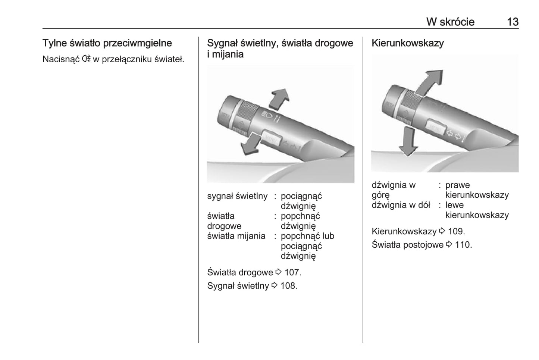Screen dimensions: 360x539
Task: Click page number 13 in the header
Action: click(513, 22)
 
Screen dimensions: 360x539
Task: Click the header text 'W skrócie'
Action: click(450, 22)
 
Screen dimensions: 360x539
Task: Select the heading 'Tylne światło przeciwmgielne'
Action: click(107, 43)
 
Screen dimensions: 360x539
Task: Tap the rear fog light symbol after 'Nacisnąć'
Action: click(86, 59)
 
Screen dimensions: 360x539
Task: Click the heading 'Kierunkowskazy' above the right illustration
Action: click(407, 43)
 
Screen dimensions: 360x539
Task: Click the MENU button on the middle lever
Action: click(271, 138)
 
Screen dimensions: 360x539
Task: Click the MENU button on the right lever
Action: click(435, 128)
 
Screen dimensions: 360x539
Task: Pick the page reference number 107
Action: click(292, 272)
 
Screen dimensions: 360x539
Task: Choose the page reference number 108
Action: click(289, 286)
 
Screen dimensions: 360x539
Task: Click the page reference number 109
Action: click(456, 231)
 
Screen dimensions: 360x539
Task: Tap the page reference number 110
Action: click(463, 245)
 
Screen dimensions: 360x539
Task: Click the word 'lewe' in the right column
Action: click(454, 205)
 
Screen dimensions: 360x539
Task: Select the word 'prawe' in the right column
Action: click(457, 185)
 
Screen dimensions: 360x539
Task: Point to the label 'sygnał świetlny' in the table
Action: click(237, 196)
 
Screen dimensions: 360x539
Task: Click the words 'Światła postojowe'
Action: click(407, 245)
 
